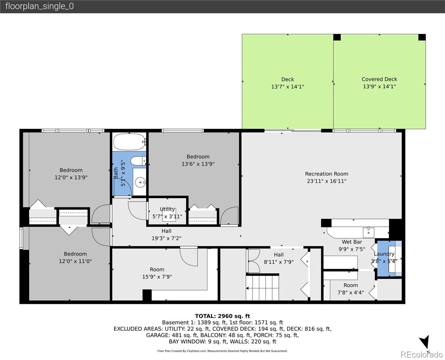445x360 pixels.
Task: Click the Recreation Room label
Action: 327,174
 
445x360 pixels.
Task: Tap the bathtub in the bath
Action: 129,142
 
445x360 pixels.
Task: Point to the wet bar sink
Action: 369,232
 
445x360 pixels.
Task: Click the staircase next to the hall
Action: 262,288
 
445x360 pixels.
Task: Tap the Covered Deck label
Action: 379,79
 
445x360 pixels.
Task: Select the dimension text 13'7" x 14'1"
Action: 288,86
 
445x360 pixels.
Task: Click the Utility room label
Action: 167,209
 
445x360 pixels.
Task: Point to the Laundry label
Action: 384,254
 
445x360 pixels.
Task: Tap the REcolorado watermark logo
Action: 421,354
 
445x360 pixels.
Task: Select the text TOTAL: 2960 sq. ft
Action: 222,316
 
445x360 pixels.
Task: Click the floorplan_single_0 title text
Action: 40,6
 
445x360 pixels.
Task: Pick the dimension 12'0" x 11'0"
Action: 75,261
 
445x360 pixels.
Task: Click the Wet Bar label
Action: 352,242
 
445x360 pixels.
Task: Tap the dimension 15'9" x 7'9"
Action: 157,277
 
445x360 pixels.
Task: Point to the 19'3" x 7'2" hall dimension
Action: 166,238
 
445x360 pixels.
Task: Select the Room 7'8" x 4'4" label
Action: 351,289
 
